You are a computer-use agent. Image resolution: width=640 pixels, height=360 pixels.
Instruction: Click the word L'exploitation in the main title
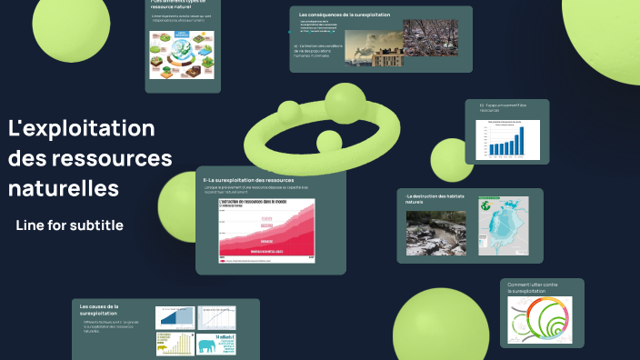(x=81, y=128)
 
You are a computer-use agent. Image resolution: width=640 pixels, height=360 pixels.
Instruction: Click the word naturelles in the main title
(x=63, y=189)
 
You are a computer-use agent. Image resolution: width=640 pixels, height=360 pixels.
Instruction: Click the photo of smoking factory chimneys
(x=373, y=44)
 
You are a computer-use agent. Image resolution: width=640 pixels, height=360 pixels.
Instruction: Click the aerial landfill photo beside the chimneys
(x=431, y=37)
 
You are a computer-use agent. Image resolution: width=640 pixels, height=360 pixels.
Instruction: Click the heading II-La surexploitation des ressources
(x=248, y=180)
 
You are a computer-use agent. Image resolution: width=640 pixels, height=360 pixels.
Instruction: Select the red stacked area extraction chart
(x=266, y=231)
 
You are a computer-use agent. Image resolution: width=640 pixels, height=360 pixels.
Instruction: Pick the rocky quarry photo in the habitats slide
(x=435, y=233)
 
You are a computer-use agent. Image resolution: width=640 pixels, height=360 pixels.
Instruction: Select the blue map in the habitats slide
(x=504, y=232)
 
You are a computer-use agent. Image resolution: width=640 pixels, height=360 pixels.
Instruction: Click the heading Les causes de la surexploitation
(x=99, y=310)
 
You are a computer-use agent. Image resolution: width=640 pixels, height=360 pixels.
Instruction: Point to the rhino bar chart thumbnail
(x=175, y=344)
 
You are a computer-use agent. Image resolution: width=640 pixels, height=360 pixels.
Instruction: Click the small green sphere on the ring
(x=327, y=142)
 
